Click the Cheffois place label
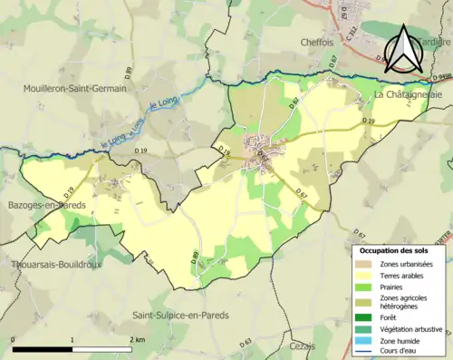tap(319, 41)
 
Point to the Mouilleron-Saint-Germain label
tap(74, 89)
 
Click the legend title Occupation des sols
tap(394, 249)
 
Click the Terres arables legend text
tap(404, 274)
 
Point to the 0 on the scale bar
tap(14, 338)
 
